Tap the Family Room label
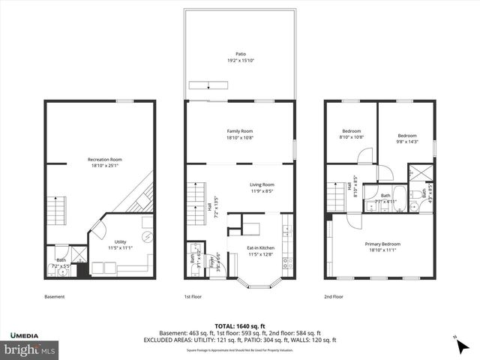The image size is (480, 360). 240,134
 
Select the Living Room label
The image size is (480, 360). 262,187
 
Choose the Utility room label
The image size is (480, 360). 120,244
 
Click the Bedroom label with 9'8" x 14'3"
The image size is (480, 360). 407,139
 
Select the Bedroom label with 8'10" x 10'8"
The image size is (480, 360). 352,134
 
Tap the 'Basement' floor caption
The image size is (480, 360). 55,297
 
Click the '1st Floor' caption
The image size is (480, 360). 194,297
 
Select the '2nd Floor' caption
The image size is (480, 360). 334,297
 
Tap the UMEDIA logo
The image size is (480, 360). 28,334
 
